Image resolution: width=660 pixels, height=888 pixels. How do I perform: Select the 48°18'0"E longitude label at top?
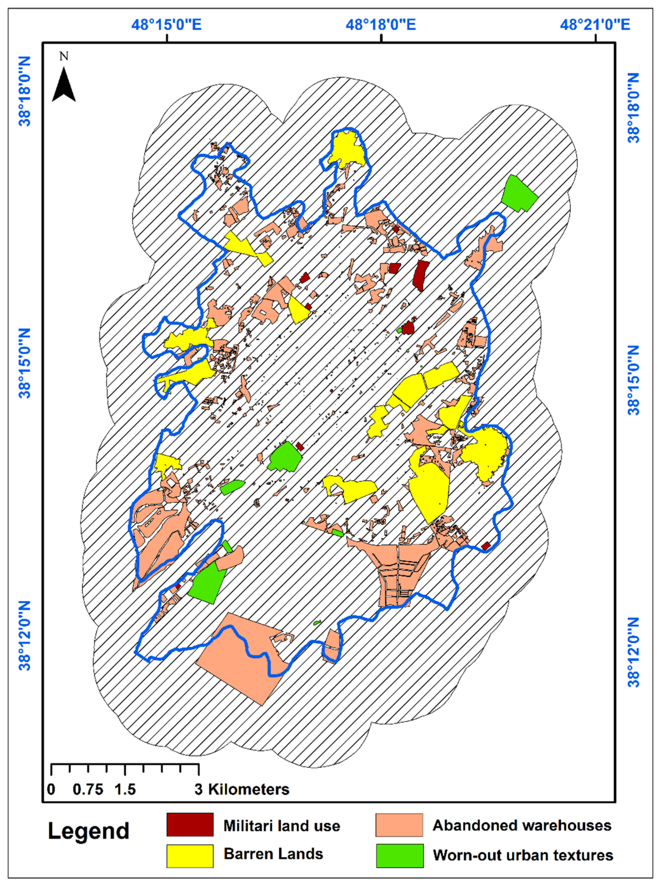[381, 25]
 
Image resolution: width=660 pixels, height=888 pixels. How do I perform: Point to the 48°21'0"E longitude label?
[595, 25]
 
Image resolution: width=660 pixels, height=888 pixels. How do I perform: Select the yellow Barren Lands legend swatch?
[190, 856]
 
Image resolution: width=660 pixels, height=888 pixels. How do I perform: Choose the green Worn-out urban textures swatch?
[399, 856]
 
